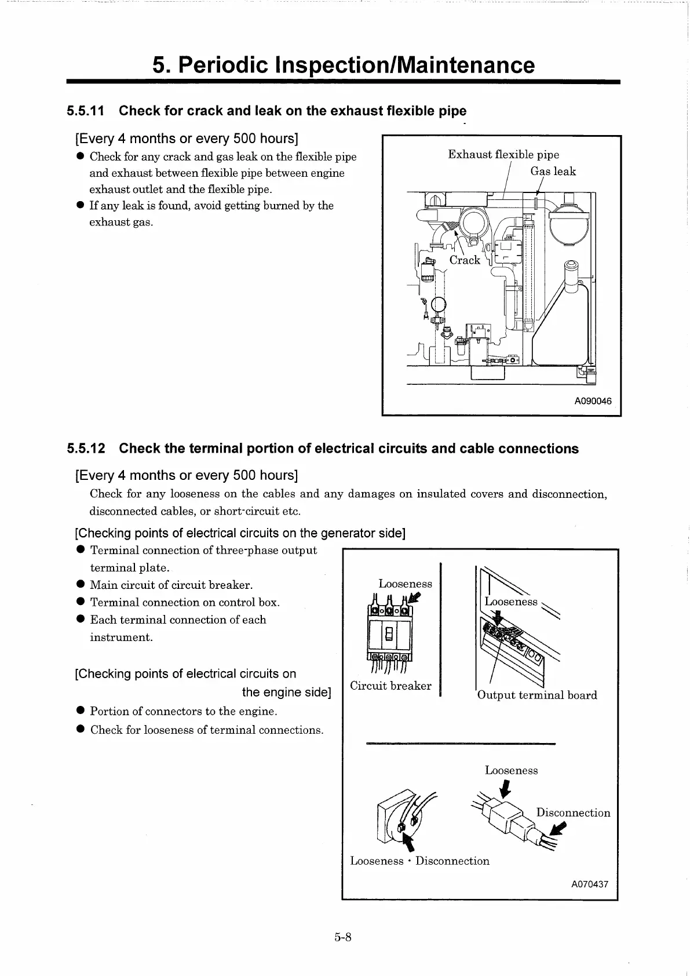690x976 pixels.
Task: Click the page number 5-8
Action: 343,937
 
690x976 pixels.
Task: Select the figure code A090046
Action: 593,401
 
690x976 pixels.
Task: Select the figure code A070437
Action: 590,884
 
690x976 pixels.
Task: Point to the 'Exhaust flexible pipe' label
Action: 503,154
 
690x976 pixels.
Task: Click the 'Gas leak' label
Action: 553,171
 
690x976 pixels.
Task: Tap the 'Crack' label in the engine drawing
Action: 465,260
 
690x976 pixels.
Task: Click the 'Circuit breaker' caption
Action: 390,686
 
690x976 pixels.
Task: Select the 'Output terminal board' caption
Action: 537,695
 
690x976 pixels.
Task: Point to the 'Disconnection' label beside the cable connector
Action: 573,813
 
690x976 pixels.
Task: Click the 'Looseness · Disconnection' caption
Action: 419,861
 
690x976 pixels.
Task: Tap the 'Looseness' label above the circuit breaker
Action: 405,584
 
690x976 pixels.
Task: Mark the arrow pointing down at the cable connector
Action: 505,789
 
